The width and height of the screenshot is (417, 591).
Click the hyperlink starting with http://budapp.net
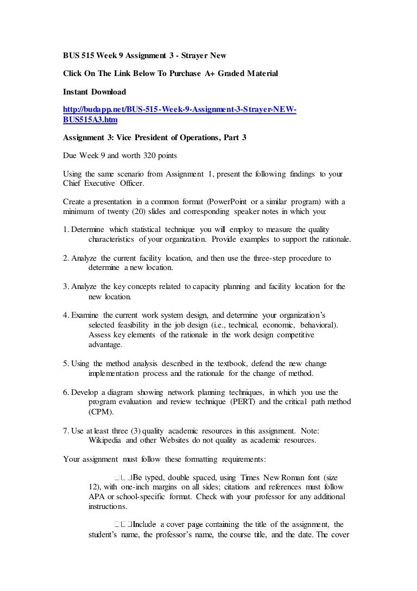[180, 110]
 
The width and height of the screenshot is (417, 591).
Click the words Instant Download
[94, 91]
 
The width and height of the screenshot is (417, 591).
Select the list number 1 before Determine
[65, 230]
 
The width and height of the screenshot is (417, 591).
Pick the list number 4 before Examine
[65, 316]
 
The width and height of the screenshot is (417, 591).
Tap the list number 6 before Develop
[65, 392]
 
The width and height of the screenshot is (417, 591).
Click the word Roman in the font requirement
[301, 477]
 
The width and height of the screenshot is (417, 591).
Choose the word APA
[96, 496]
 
